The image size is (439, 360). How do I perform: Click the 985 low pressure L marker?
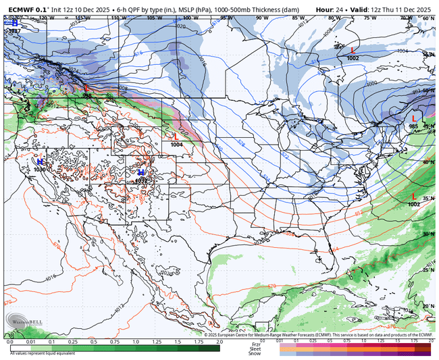click(414, 119)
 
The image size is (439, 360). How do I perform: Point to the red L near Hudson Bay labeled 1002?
click(352, 51)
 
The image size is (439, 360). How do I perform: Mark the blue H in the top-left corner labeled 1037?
click(14, 23)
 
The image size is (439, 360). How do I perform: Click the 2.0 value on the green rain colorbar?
click(219, 342)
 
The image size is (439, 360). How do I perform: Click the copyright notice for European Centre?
click(317, 334)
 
